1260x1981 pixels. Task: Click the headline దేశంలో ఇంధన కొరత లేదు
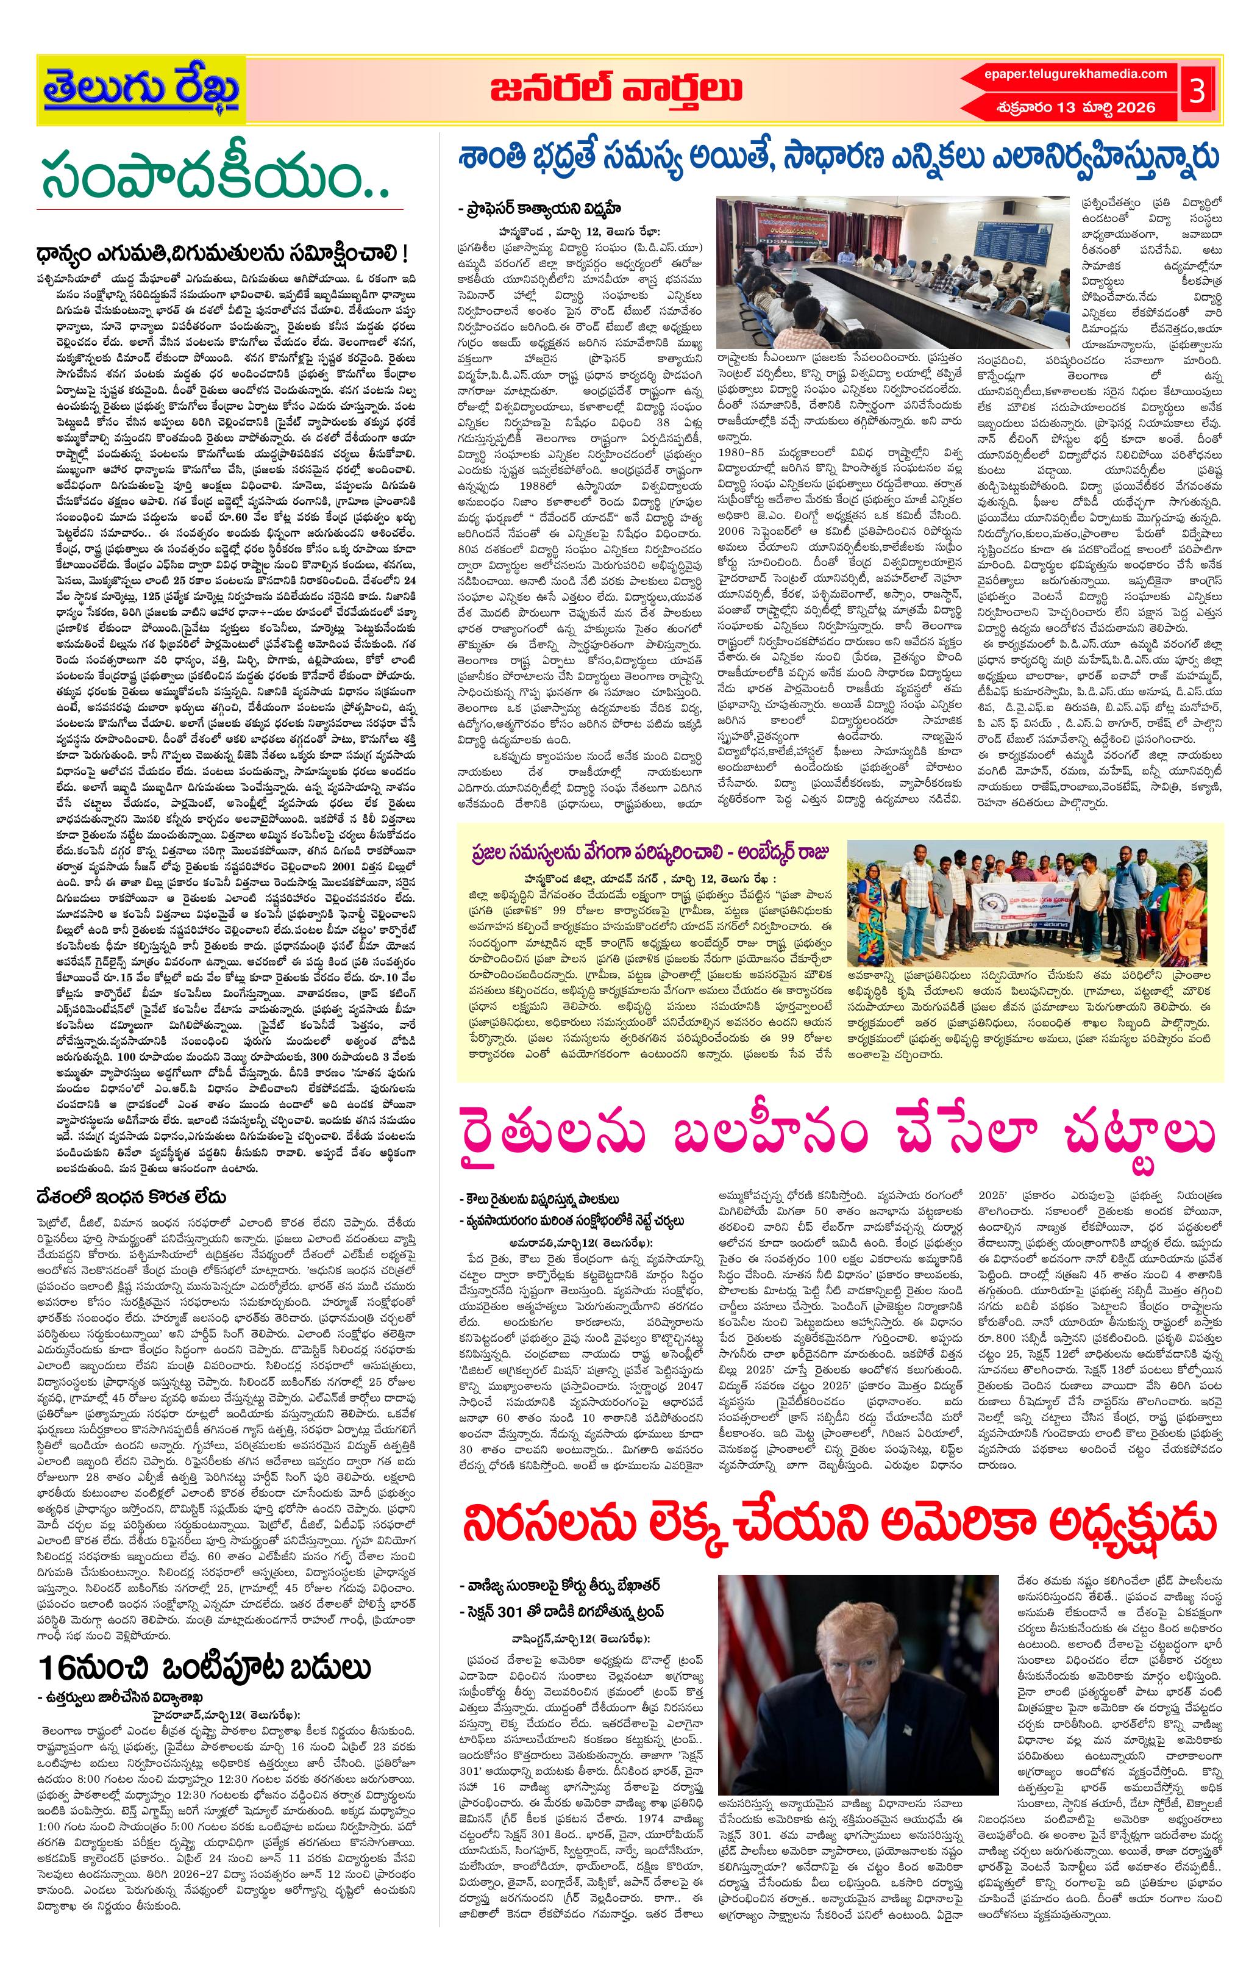tap(131, 1196)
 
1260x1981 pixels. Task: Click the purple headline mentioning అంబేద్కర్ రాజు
tap(649, 851)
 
